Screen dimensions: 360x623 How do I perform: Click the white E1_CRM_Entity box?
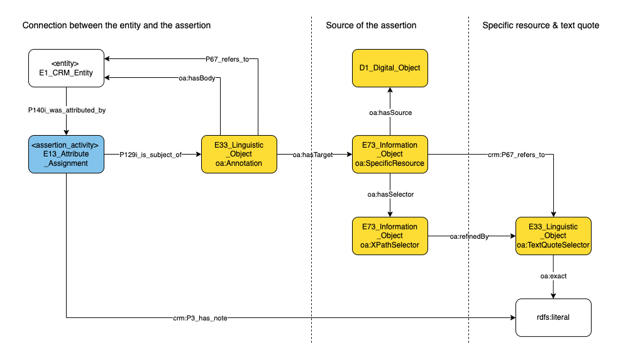pyautogui.click(x=66, y=68)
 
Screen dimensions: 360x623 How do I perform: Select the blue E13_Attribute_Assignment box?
pyautogui.click(x=66, y=154)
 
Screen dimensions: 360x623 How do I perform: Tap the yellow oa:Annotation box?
pyautogui.click(x=239, y=154)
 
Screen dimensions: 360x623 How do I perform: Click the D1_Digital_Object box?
pyautogui.click(x=390, y=68)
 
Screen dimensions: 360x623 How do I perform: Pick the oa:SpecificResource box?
pyautogui.click(x=390, y=154)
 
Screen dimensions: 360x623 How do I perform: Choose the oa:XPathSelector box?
pyautogui.click(x=390, y=236)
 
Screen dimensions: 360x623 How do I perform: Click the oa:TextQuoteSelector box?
pyautogui.click(x=553, y=236)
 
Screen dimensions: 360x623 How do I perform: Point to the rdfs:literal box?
pyautogui.click(x=553, y=317)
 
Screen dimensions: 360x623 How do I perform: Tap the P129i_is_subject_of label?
pyautogui.click(x=150, y=154)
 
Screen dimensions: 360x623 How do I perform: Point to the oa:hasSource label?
pyautogui.click(x=390, y=112)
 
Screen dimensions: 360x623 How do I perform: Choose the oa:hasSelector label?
pyautogui.click(x=390, y=195)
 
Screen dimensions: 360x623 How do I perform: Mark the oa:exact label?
pyautogui.click(x=553, y=276)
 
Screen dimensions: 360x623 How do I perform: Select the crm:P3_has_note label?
pyautogui.click(x=201, y=318)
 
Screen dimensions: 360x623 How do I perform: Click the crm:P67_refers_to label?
pyautogui.click(x=515, y=154)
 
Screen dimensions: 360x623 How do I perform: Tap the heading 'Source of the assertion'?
pyautogui.click(x=371, y=26)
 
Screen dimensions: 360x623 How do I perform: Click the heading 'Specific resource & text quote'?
pyautogui.click(x=541, y=26)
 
